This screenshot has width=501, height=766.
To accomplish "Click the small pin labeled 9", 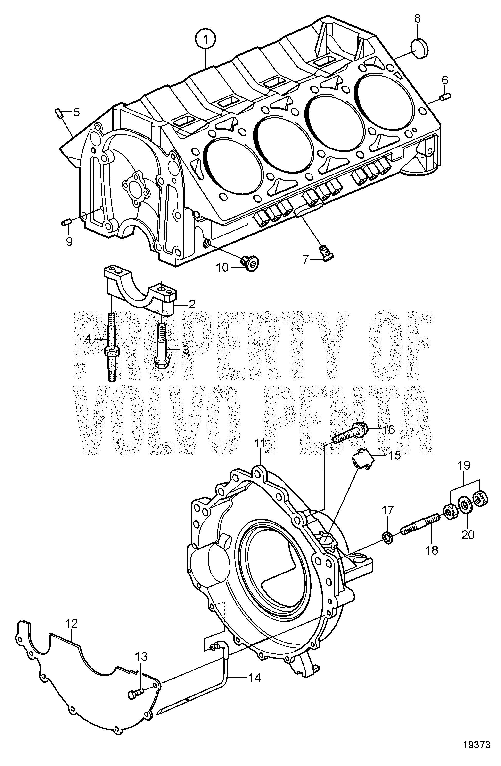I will point(66,222).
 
